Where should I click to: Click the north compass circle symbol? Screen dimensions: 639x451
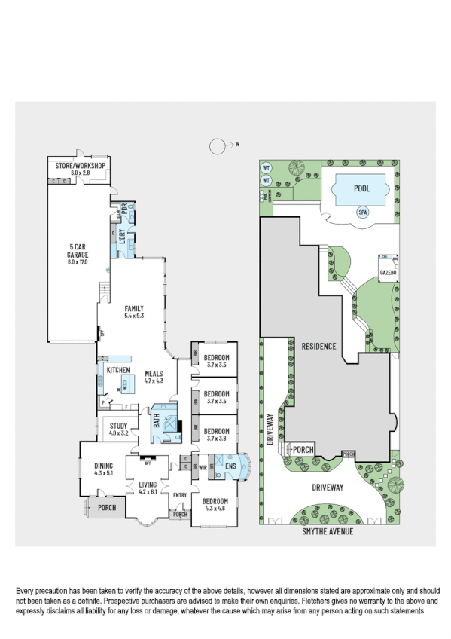tap(218, 144)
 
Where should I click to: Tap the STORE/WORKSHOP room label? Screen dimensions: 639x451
tap(79, 166)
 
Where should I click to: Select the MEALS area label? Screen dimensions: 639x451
tap(154, 374)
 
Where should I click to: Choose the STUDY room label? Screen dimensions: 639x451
tap(119, 427)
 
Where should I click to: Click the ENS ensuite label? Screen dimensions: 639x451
tap(230, 467)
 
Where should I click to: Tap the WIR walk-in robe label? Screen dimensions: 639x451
tap(203, 467)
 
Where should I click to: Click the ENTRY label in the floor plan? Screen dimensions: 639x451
tap(179, 494)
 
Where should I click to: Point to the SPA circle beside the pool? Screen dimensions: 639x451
tap(363, 213)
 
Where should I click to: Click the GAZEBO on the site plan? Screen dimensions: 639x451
tap(388, 270)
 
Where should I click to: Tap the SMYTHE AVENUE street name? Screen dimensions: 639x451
tap(328, 530)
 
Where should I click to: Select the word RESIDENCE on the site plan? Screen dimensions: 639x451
tap(318, 347)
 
